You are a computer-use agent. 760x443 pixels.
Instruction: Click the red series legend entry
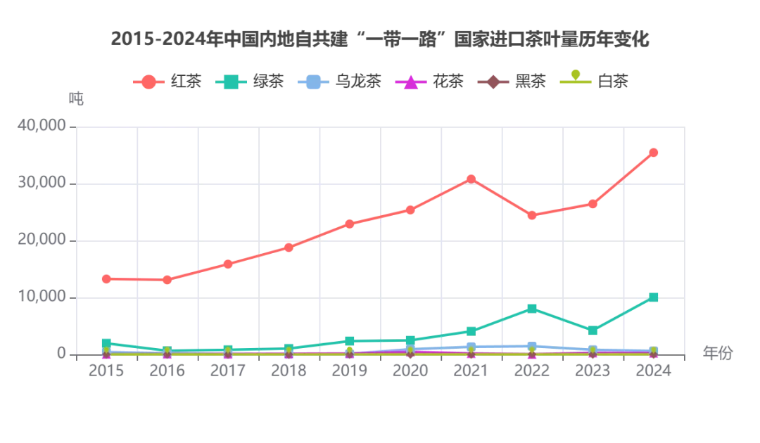(167, 82)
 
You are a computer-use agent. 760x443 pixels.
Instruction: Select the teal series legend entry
(251, 82)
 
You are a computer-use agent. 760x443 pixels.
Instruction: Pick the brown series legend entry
(509, 82)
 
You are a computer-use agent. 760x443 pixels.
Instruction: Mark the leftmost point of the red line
(107, 278)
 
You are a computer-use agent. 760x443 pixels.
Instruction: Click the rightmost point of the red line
(652, 152)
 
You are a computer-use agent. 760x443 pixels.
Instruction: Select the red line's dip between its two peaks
(532, 215)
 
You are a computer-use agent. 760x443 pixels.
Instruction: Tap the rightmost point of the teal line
(652, 296)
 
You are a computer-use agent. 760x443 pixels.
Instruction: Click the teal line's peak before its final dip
(532, 309)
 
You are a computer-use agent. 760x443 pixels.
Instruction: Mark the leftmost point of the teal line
(107, 342)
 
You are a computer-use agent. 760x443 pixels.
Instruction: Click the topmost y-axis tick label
(44, 127)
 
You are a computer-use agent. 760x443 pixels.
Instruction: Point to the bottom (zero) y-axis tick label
(62, 351)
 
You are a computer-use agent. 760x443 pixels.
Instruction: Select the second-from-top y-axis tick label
(44, 184)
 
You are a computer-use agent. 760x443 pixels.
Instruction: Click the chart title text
(380, 39)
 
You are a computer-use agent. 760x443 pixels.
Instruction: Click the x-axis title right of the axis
(718, 354)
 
